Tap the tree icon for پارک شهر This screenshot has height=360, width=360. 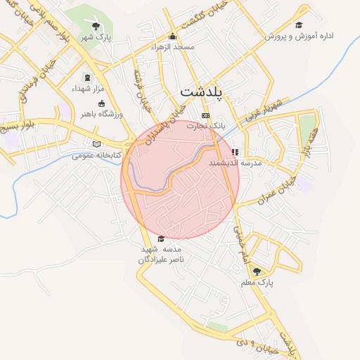(96, 27)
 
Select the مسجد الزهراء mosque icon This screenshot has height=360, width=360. (173, 37)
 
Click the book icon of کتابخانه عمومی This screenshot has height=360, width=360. (96, 144)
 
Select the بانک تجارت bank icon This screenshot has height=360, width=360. (205, 115)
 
